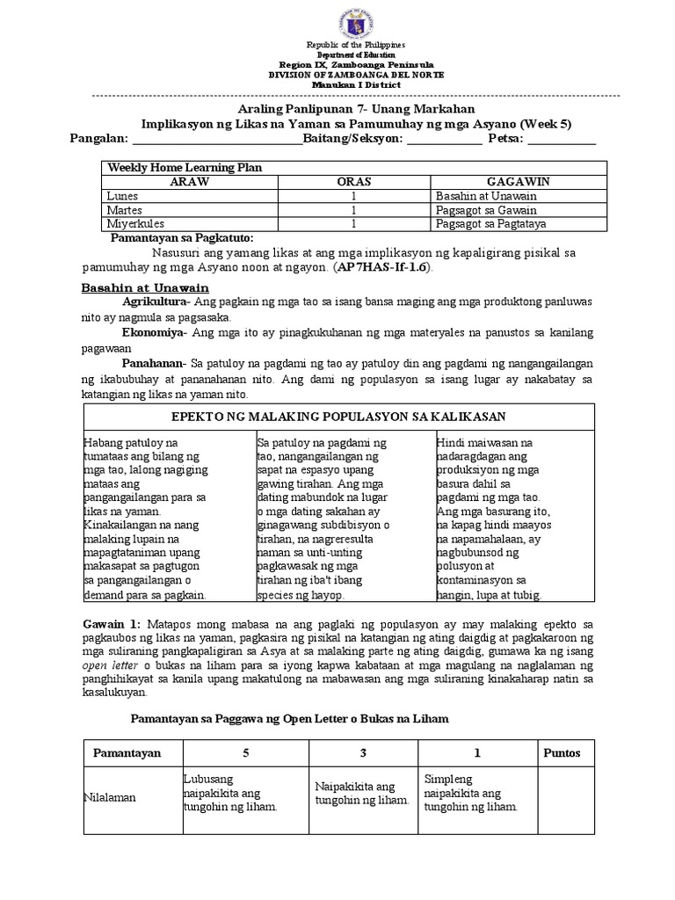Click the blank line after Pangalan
tap(216, 139)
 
